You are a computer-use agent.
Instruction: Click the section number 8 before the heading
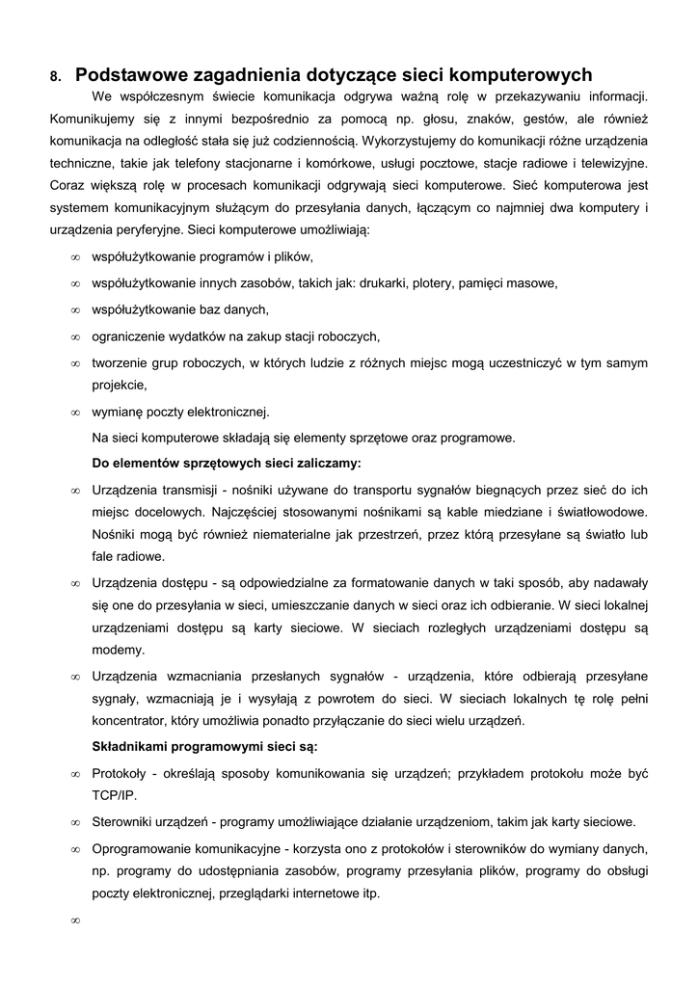[55, 76]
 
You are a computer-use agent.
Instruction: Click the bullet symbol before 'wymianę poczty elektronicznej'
[74, 413]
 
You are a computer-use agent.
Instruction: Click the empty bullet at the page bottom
[74, 920]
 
